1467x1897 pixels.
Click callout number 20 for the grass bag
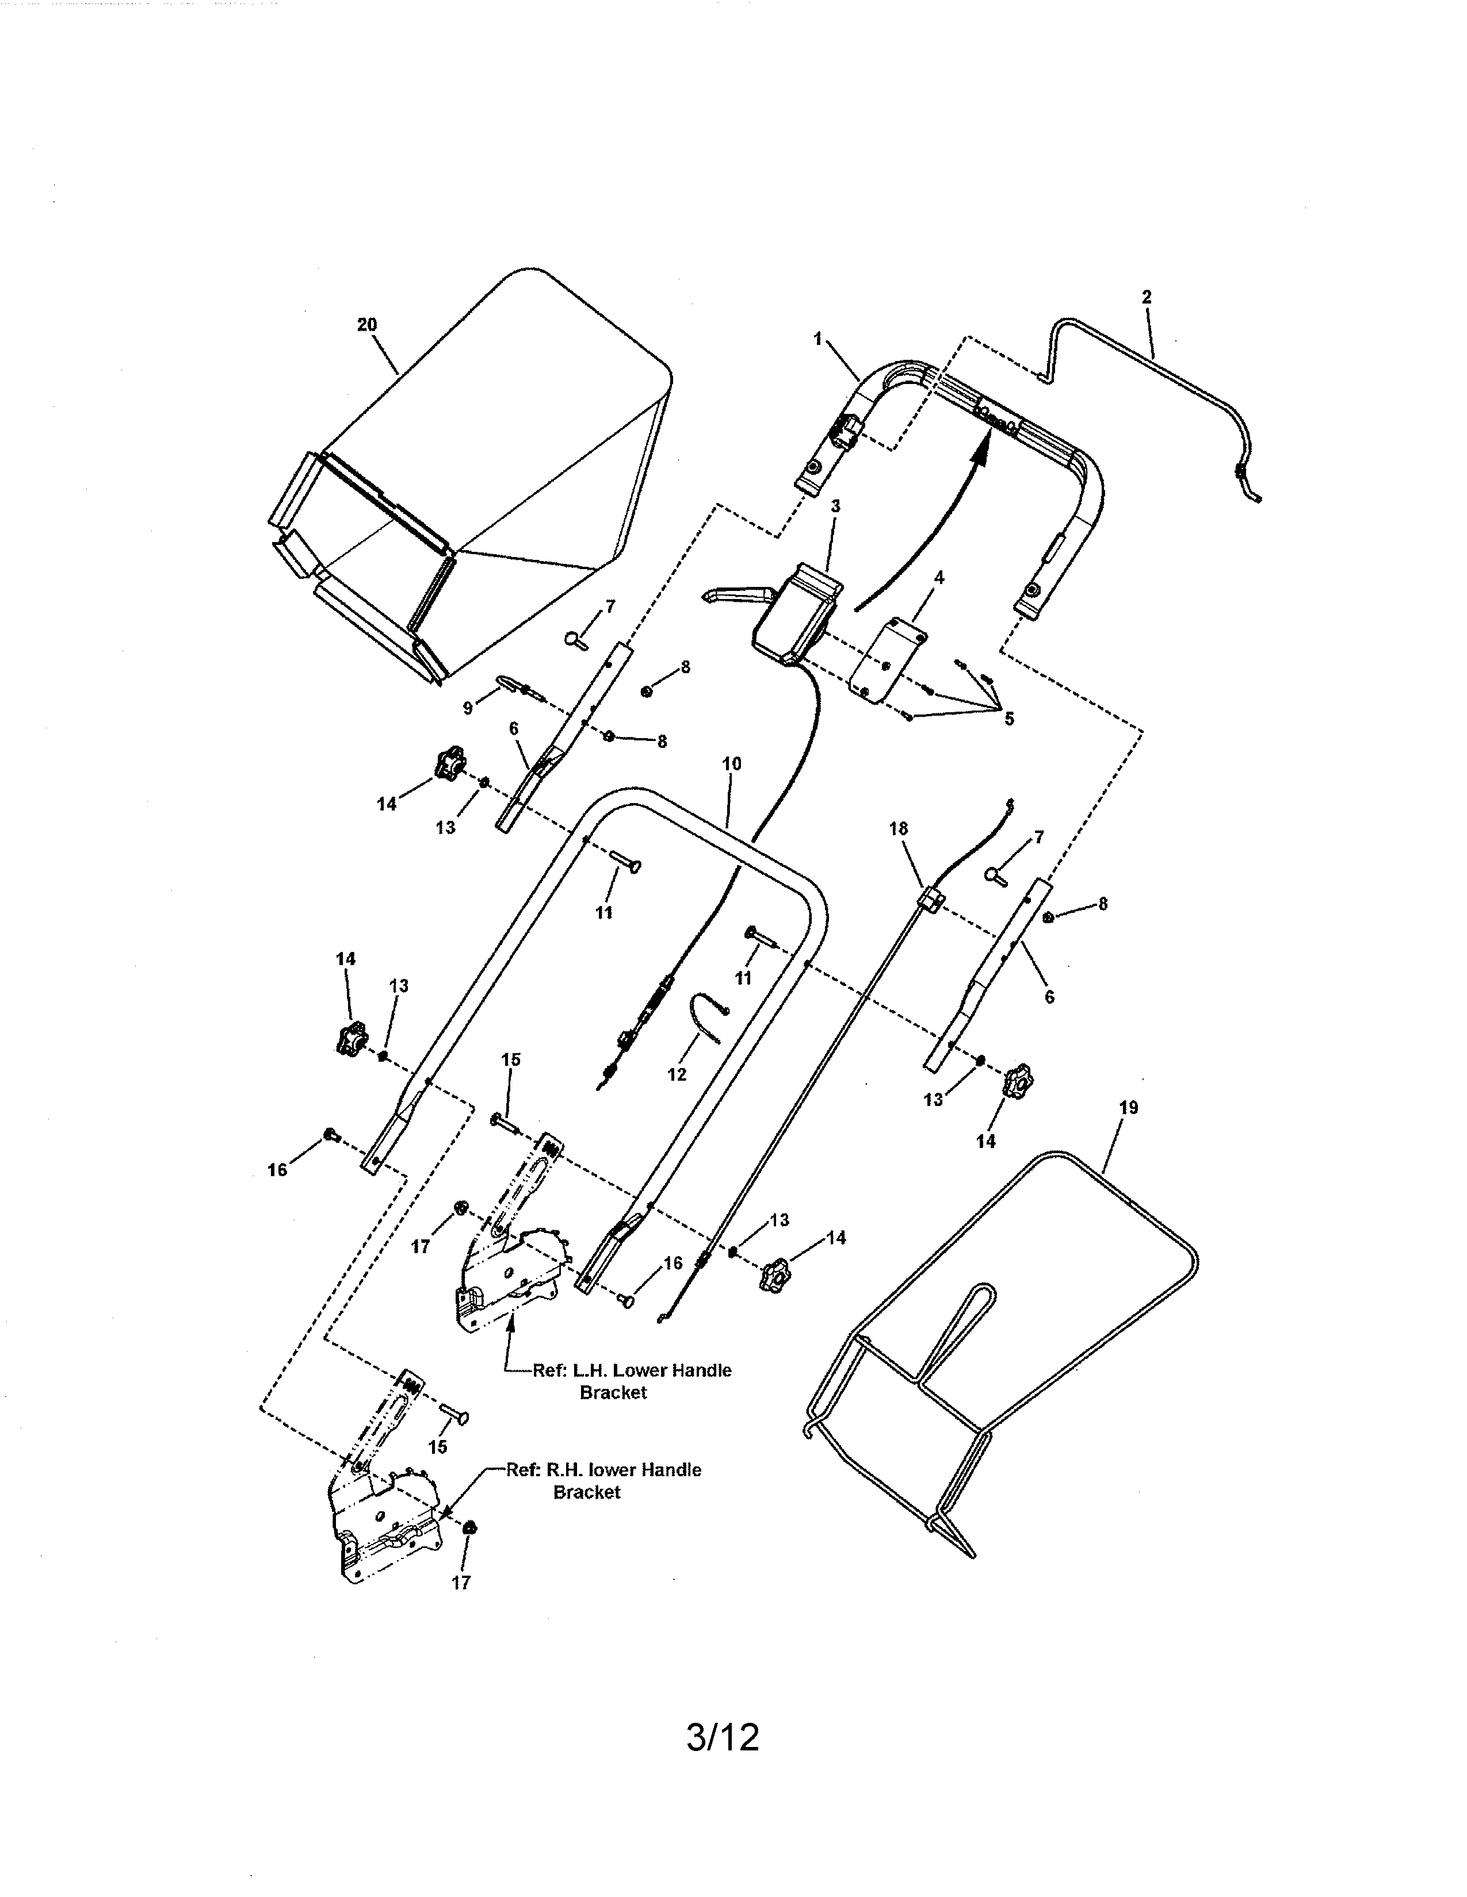367,325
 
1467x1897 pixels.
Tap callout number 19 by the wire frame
1128,1108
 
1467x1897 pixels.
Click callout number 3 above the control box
835,505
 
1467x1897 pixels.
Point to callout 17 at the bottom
461,1583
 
